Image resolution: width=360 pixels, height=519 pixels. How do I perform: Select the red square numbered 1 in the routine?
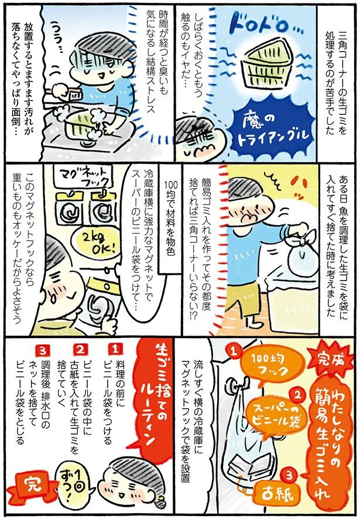tap(115, 347)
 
